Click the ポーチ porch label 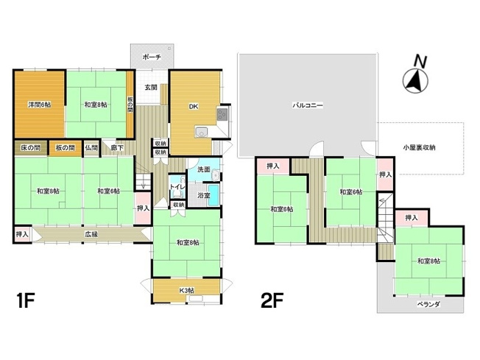[x=152, y=57]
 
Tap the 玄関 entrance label [x=151, y=88]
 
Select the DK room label [x=194, y=107]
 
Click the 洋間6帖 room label [x=40, y=105]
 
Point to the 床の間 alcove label [x=31, y=148]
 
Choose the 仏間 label [x=91, y=148]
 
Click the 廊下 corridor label [x=117, y=148]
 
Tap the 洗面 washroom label [x=204, y=169]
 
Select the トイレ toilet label [x=177, y=187]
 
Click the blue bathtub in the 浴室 [x=213, y=194]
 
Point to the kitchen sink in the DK [x=202, y=133]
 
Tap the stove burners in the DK [x=222, y=115]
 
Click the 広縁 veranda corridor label [x=91, y=235]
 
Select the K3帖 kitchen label [x=186, y=291]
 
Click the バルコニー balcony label [x=307, y=105]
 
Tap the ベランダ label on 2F [x=428, y=304]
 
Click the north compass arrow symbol [x=415, y=81]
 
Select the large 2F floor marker [x=272, y=300]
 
